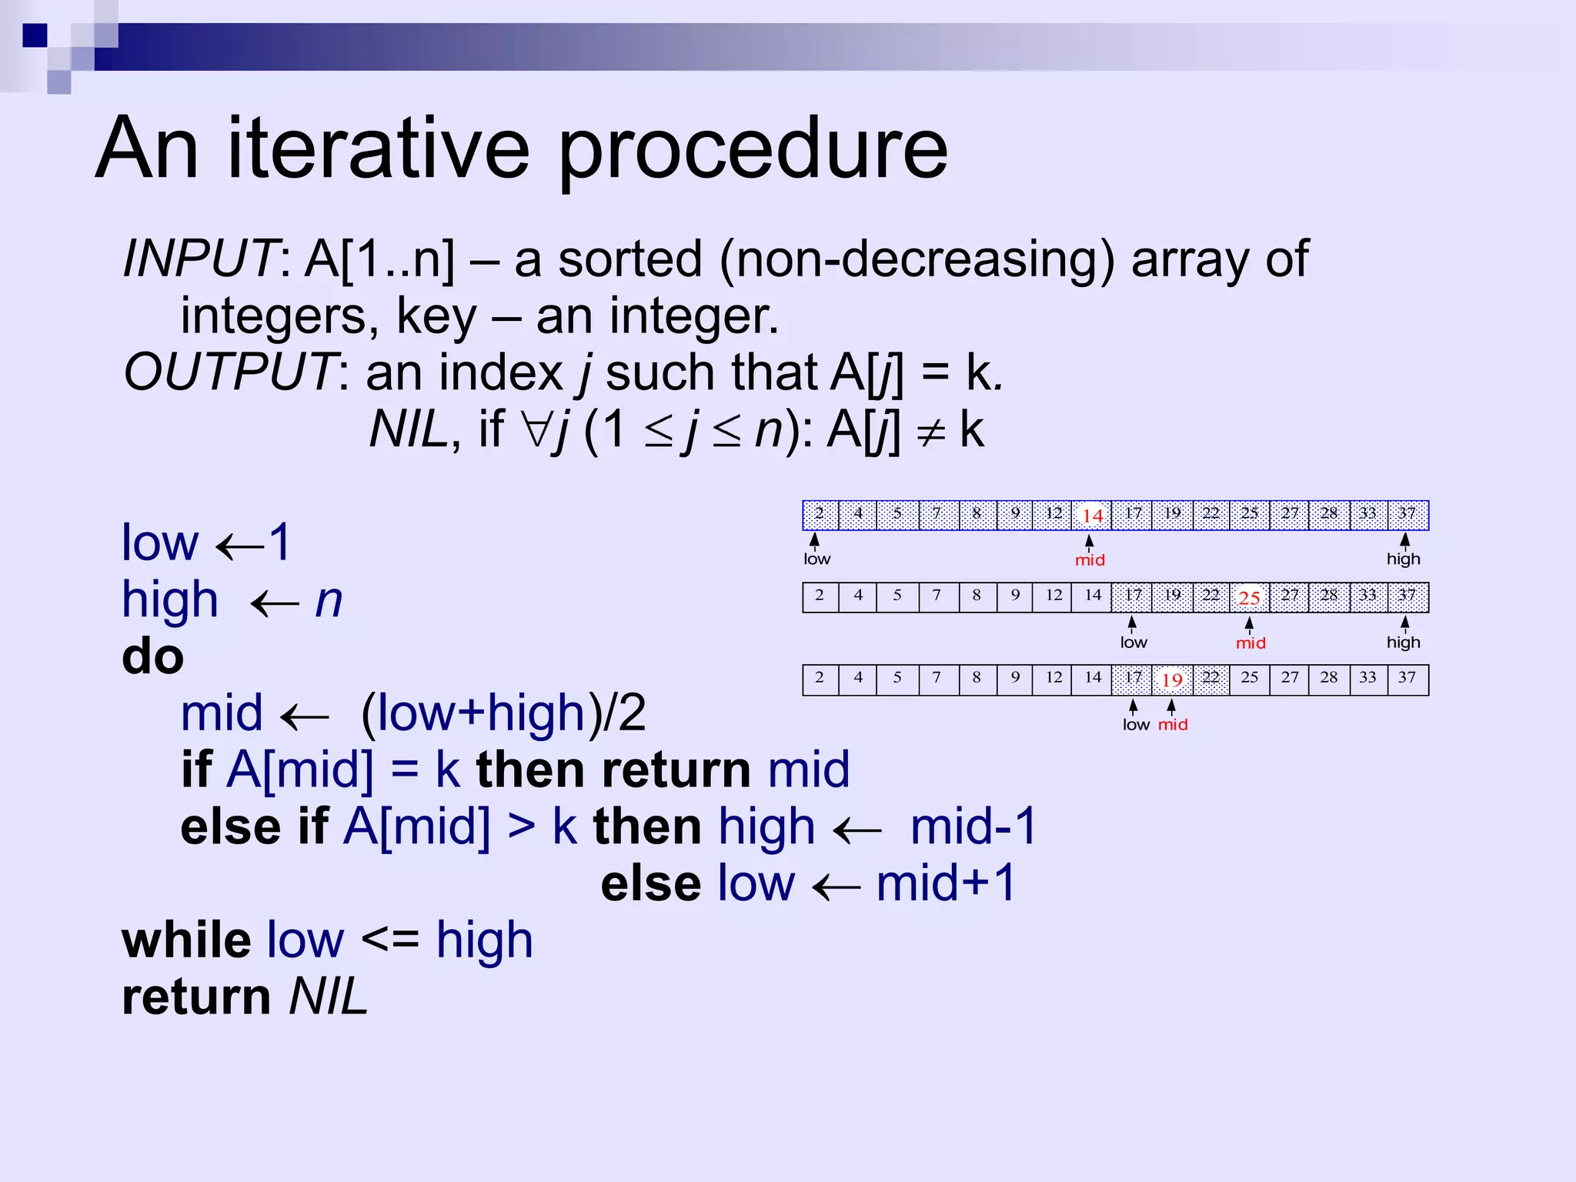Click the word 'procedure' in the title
pos(753,150)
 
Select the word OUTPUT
pos(229,372)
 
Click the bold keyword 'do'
pos(152,657)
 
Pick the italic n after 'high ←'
pos(329,600)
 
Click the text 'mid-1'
pos(973,827)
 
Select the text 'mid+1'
pos(947,883)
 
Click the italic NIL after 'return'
pos(329,997)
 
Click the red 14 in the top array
pos(1092,516)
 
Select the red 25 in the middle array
pos(1249,598)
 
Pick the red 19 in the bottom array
pos(1171,680)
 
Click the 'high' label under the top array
pos(1403,559)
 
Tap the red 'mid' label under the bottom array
pos(1173,725)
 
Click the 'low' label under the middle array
pos(1133,643)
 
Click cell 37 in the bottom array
pos(1407,678)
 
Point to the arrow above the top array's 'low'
pos(814,540)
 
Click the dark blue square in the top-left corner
pos(35,35)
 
